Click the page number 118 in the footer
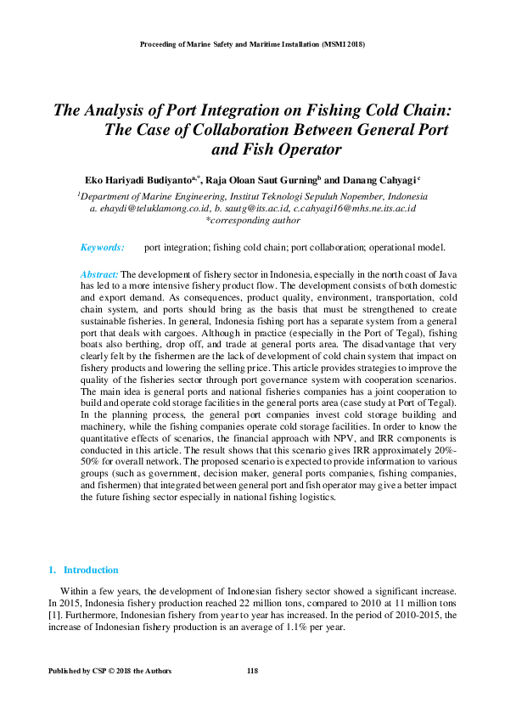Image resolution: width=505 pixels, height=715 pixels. (x=252, y=671)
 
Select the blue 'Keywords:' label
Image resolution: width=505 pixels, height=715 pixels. (x=102, y=248)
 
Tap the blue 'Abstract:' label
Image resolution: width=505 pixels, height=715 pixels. (x=98, y=274)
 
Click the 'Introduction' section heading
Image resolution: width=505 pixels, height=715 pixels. (x=91, y=570)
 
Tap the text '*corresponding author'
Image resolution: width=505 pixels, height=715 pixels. (x=252, y=220)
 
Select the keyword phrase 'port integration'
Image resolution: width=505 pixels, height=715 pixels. (x=177, y=248)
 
